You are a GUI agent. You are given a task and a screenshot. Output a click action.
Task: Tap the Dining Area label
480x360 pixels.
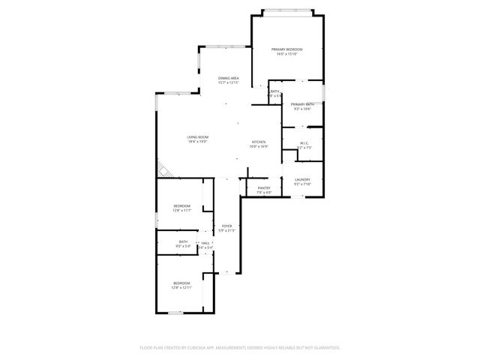(x=229, y=78)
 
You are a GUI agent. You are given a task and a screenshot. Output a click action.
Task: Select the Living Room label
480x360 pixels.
(x=197, y=136)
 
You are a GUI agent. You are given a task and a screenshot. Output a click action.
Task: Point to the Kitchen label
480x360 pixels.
(x=259, y=142)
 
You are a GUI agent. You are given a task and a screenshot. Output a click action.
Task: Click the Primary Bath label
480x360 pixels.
(x=301, y=104)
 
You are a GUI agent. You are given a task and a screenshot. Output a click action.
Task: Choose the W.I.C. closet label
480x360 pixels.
(x=304, y=142)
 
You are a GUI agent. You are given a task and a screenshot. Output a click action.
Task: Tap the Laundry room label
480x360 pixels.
(x=303, y=179)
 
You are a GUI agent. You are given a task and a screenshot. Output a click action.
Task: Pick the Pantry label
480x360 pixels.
(x=264, y=187)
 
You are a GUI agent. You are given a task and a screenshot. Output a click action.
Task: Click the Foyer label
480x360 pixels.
(x=226, y=226)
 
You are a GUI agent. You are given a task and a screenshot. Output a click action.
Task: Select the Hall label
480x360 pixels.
(x=205, y=243)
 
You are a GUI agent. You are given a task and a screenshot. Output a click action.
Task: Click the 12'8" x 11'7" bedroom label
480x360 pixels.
(x=182, y=205)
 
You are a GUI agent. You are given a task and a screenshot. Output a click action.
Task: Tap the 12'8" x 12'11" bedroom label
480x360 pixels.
(x=182, y=283)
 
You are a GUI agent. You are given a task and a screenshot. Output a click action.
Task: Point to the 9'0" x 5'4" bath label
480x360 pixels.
(x=183, y=241)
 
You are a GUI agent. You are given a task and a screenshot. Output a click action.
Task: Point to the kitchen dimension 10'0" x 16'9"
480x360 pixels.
(x=259, y=146)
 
